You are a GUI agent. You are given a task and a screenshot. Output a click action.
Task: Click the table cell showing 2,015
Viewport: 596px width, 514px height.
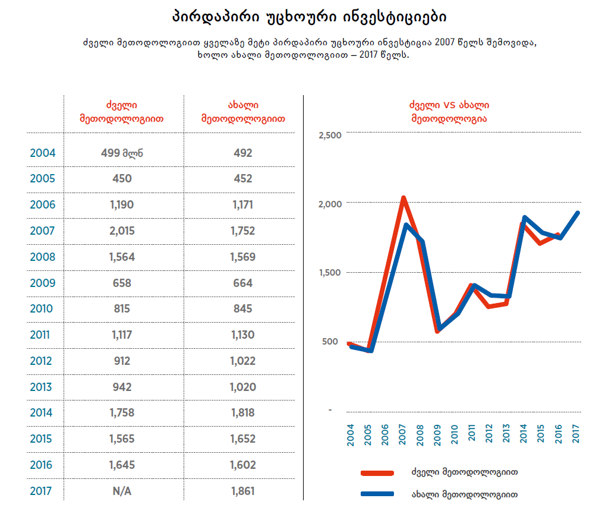point(122,231)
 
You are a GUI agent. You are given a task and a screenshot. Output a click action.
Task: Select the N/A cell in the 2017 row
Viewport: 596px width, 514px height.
point(122,491)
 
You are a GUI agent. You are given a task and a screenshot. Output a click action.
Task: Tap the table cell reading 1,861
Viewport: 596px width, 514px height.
point(242,491)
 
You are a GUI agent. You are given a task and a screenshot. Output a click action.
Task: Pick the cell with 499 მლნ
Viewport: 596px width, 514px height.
point(122,153)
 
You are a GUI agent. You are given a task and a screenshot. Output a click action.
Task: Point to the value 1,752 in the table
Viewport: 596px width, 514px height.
point(242,231)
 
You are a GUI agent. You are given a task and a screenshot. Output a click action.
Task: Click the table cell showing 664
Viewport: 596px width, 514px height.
point(242,283)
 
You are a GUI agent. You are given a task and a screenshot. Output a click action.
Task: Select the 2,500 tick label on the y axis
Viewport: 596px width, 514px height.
point(330,135)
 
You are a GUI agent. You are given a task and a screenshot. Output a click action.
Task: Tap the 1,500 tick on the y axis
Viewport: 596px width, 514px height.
point(330,273)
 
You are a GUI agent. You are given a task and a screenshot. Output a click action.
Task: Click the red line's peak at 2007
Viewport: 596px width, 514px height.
point(403,198)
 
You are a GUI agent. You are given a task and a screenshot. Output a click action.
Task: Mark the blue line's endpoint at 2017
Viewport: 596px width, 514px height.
point(577,213)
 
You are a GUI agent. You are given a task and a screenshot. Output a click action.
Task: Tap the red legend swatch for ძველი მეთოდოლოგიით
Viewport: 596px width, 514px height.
point(377,473)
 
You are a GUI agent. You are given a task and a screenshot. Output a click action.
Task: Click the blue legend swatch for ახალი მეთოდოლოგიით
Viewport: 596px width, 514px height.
point(377,494)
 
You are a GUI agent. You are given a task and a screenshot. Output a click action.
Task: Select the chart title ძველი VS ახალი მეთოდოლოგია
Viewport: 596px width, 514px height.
point(449,111)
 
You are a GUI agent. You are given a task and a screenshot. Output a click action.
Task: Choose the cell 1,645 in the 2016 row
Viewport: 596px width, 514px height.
point(122,465)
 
